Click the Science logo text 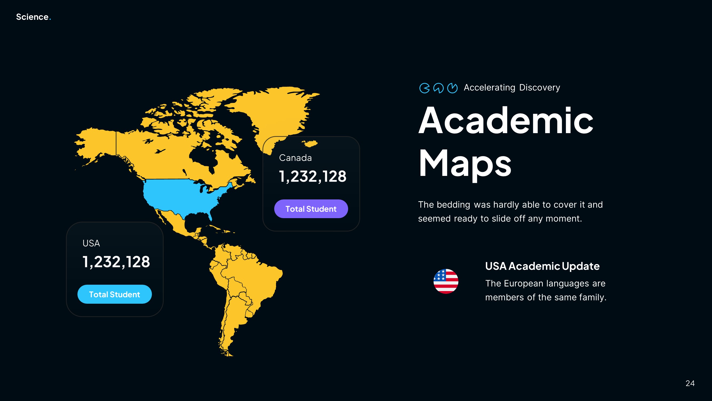pos(32,17)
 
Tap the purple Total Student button pos(311,209)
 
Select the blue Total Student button pos(115,294)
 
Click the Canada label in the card pos(295,158)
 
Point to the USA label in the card pos(91,243)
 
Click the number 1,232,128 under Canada pos(312,176)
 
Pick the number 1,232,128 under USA pos(116,262)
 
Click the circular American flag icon pos(446,281)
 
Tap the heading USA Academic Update pos(542,266)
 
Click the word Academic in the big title pos(506,121)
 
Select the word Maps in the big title pos(465,163)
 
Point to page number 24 pos(690,383)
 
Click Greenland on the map pos(276,111)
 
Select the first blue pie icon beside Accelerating pos(424,88)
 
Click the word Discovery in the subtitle pos(540,87)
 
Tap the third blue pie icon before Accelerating pos(453,88)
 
